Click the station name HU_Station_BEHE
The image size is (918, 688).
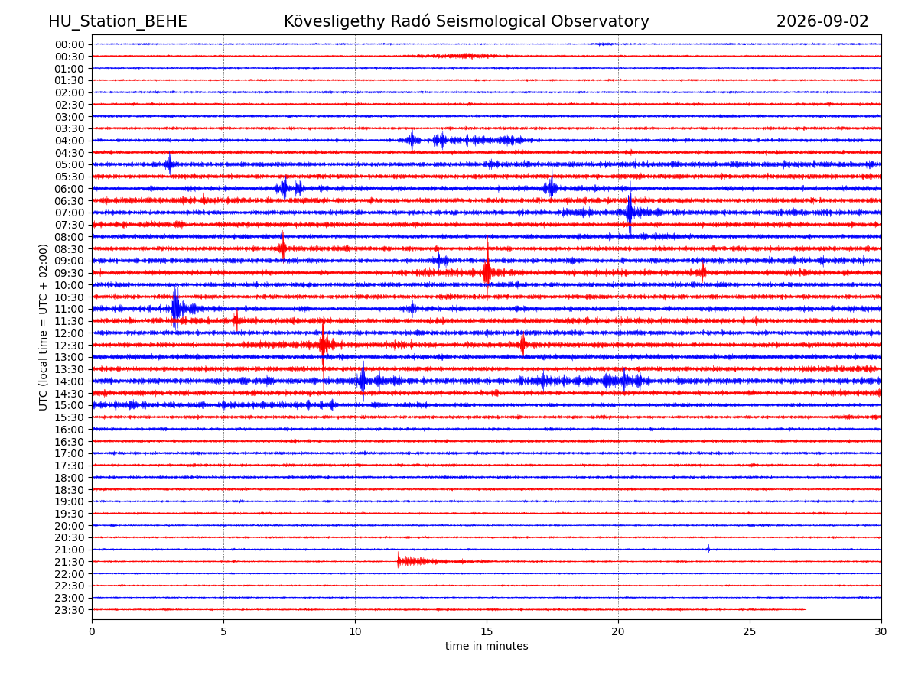[118, 21]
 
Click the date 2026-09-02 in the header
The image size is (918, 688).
[822, 21]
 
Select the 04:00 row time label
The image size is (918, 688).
[70, 141]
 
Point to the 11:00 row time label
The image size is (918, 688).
[70, 309]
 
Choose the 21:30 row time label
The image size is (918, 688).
[70, 562]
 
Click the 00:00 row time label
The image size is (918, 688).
[70, 44]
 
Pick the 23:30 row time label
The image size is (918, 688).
[70, 610]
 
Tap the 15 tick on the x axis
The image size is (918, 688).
[487, 631]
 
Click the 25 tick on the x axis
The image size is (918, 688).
[750, 631]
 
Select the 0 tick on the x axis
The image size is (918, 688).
[92, 631]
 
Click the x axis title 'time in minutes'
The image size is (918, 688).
[487, 646]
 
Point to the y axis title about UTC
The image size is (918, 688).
[43, 327]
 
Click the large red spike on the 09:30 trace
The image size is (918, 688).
[487, 272]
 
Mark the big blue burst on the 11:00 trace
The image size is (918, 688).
[176, 309]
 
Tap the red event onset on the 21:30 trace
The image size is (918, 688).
[398, 560]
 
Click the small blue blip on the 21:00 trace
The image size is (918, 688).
[708, 549]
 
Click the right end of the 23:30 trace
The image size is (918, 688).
[806, 609]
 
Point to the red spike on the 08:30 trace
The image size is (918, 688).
[283, 248]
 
